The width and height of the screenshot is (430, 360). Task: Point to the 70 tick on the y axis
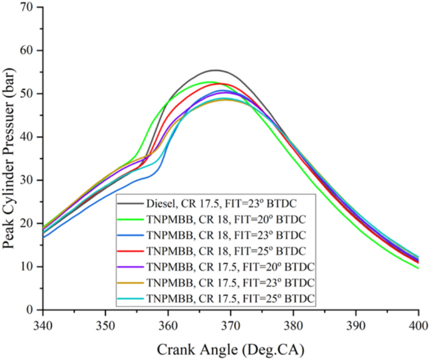point(27,8)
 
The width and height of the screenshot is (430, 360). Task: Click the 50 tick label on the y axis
point(27,93)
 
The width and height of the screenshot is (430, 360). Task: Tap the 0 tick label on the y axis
point(30,310)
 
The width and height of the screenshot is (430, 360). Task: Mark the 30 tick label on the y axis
point(27,180)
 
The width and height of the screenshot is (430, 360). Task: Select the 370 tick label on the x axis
point(230,326)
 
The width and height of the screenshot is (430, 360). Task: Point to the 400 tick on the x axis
point(418,326)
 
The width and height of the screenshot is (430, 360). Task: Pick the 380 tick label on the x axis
point(293,326)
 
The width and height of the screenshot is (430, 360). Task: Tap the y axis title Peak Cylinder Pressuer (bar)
point(9,159)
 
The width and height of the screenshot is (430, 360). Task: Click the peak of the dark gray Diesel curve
point(215,70)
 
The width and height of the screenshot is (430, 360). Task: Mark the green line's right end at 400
point(418,268)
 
